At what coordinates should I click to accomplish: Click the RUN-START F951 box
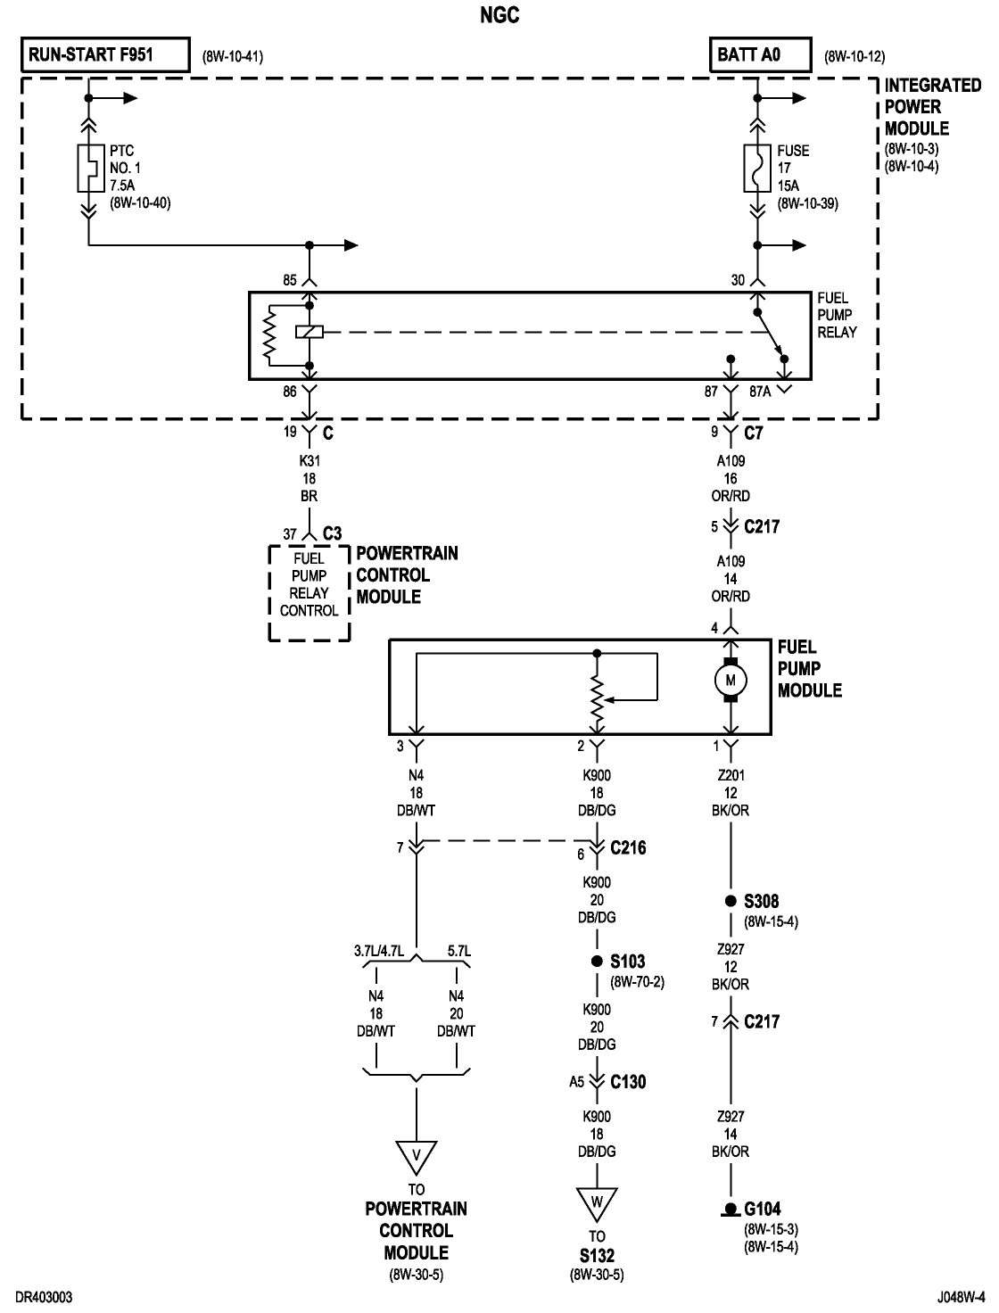105,54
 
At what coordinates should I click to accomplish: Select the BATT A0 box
760,54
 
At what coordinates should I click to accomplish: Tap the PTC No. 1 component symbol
89,168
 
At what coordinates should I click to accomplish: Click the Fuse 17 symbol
756,169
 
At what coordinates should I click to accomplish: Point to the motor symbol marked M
731,681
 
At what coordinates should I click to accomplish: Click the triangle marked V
416,1156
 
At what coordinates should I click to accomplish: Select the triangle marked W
597,1202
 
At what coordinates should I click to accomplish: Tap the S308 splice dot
731,901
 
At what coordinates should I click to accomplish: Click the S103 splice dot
597,962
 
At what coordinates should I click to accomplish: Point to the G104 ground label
763,1210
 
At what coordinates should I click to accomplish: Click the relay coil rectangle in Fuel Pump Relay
309,333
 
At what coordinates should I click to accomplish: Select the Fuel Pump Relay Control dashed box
309,592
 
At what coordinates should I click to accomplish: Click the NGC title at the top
499,15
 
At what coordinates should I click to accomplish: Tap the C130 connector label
628,1082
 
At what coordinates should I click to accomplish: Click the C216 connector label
628,848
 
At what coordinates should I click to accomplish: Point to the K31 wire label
309,461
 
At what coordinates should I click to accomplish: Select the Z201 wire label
731,776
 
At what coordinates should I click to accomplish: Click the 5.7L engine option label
458,951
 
